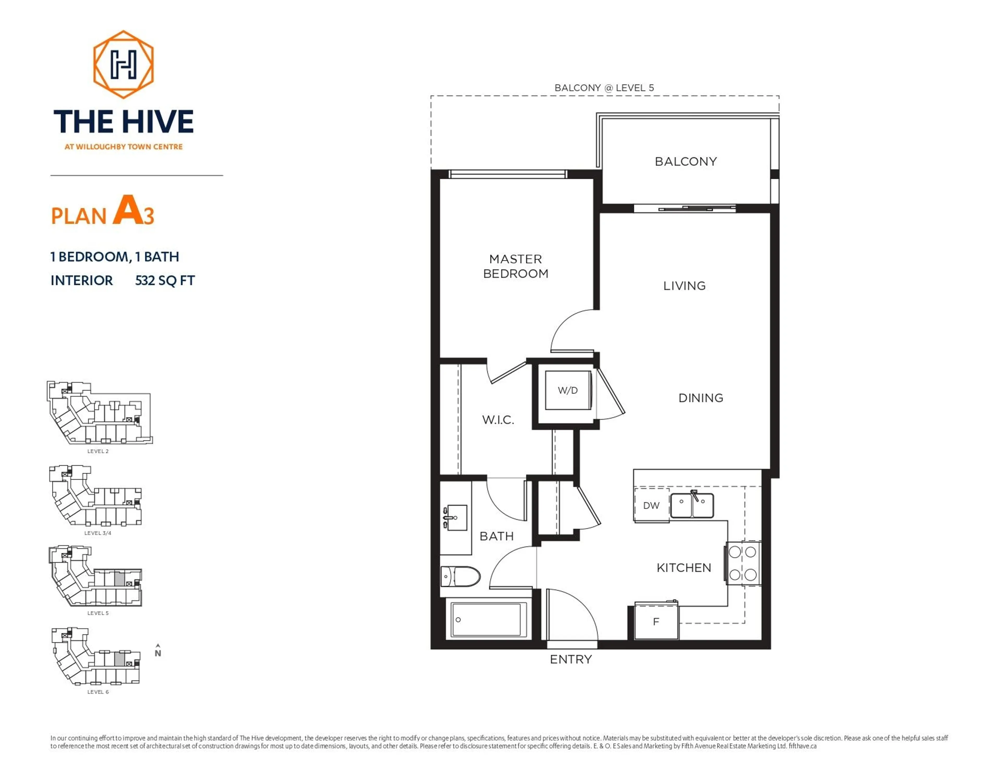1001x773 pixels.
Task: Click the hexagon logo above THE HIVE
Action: point(123,65)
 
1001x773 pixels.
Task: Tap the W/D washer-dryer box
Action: point(567,390)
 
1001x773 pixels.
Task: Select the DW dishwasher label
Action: point(651,505)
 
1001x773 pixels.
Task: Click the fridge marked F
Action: point(656,622)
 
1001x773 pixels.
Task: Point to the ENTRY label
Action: point(571,659)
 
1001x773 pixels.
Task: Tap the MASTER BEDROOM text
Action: point(516,266)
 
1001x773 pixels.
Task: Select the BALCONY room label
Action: point(686,161)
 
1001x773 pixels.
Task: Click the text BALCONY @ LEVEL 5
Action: point(604,88)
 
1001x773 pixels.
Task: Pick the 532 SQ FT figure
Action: point(165,280)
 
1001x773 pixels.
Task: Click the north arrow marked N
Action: point(158,651)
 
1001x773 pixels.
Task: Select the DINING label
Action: point(700,398)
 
